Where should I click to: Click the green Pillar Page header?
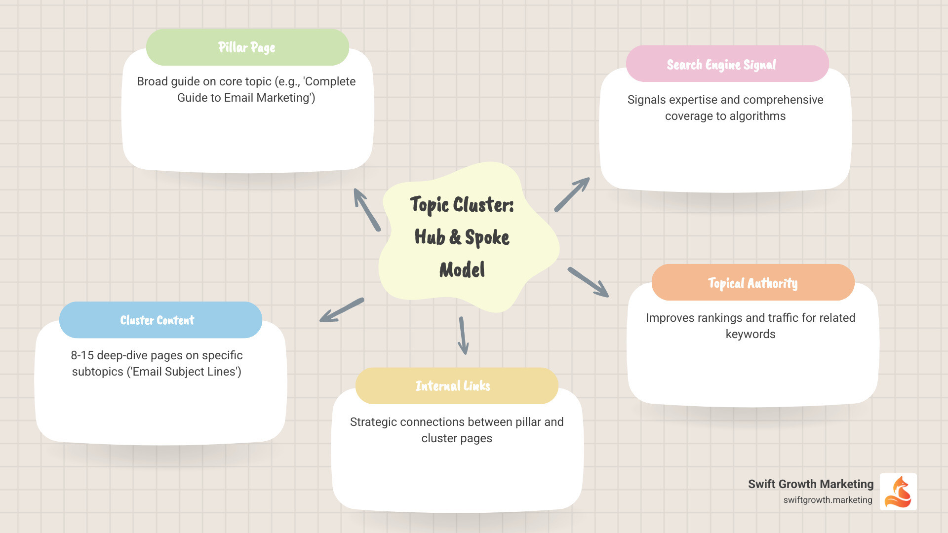click(247, 47)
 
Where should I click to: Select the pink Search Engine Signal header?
click(727, 64)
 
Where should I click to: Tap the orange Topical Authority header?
click(752, 283)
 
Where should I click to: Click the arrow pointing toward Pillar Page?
click(366, 209)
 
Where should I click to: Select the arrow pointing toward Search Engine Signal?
click(572, 194)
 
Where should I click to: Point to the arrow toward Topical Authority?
click(588, 282)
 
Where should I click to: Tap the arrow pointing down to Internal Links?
click(463, 336)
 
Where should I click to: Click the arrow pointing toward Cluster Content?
click(342, 310)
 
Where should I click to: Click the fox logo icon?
click(898, 492)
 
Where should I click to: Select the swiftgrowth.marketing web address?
click(828, 500)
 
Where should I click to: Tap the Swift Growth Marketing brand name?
click(810, 484)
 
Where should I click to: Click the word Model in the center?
click(462, 270)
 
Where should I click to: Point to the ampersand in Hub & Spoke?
click(455, 237)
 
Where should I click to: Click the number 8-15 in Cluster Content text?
click(82, 355)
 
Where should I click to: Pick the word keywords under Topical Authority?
click(750, 334)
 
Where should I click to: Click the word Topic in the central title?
click(429, 205)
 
